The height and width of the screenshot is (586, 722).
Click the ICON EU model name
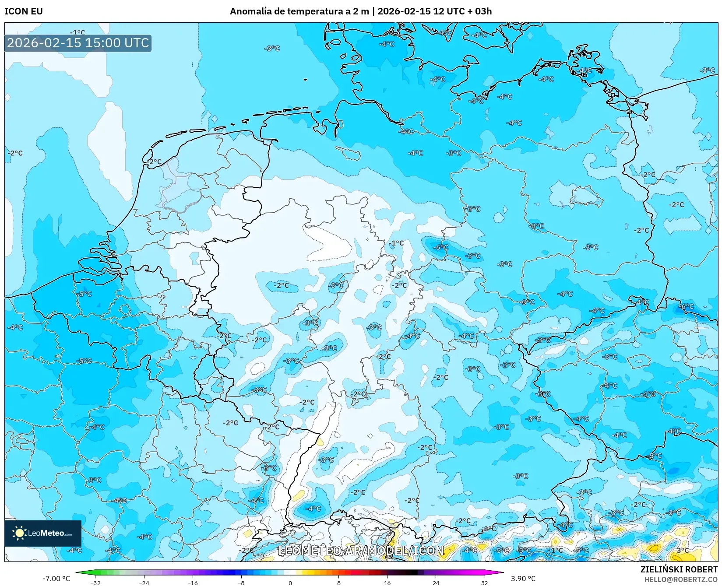[x=24, y=11]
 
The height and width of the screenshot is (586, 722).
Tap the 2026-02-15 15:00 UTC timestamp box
[x=78, y=43]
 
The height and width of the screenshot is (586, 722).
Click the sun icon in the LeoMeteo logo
[x=19, y=533]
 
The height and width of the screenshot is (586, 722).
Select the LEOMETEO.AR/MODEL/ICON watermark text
[x=361, y=551]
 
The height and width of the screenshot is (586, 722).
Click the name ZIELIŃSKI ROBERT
[x=679, y=569]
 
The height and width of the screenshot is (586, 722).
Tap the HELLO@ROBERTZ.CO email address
[x=681, y=579]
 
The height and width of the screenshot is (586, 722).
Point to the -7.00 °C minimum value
[x=56, y=579]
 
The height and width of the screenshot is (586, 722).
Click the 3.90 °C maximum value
[x=523, y=579]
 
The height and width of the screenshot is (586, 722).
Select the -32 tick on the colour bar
[x=95, y=582]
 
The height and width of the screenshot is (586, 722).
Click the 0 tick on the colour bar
[x=290, y=582]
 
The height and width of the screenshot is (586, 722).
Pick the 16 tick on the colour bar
[x=387, y=582]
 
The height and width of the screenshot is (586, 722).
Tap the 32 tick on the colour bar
[x=484, y=582]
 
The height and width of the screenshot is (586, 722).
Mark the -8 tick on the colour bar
[x=241, y=582]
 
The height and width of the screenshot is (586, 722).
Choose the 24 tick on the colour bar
[x=436, y=582]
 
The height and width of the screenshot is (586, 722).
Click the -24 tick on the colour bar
[x=144, y=582]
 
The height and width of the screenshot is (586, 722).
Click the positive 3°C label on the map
[x=683, y=550]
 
